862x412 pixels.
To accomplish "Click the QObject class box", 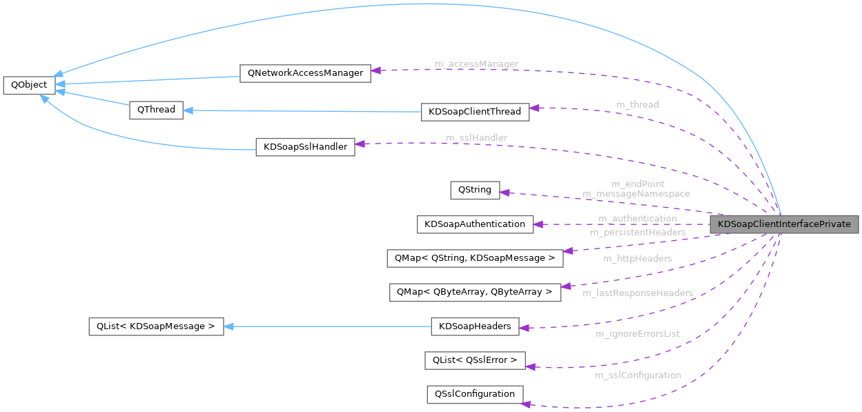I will (x=29, y=86).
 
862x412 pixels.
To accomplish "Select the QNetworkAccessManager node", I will (x=305, y=73).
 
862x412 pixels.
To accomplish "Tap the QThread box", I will (x=156, y=110).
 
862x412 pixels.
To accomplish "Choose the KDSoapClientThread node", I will (x=475, y=112).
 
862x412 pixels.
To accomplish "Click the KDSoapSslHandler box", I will (x=305, y=147).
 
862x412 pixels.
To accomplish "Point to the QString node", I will (x=475, y=190).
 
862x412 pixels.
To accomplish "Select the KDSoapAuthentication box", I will (x=475, y=224).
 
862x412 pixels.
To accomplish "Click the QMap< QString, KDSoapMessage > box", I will (x=475, y=258).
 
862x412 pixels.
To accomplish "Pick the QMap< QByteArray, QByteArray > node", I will (x=475, y=292).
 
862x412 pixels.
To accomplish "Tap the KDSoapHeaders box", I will (x=475, y=326).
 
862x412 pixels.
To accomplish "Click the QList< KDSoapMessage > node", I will (x=156, y=326).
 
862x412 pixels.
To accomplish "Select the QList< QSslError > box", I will (x=475, y=360).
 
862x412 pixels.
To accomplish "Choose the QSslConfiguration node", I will (x=475, y=394).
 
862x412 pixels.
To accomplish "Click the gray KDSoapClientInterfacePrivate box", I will (x=785, y=224).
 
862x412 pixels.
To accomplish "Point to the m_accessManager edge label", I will (x=476, y=64).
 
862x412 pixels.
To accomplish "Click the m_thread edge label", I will (x=637, y=104).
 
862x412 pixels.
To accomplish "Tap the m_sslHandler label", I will (x=476, y=138).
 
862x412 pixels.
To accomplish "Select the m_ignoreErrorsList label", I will (x=637, y=334).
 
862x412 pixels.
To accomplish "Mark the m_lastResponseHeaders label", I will (x=637, y=293).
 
